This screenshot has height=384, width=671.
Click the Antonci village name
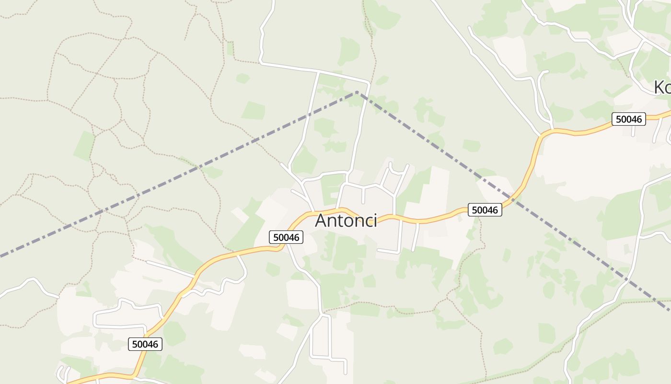[346, 221]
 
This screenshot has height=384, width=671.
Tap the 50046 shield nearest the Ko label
[628, 119]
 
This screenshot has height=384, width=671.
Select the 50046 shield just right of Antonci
[485, 210]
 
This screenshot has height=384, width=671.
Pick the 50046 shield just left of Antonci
[286, 237]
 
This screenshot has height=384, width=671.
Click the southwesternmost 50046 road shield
[145, 344]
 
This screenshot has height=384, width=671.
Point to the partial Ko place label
[662, 87]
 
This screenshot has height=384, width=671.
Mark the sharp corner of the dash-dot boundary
[357, 92]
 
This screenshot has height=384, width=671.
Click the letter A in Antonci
[323, 221]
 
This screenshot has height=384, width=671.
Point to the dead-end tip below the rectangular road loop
[345, 373]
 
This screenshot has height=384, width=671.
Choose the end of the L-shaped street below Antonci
[379, 250]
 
